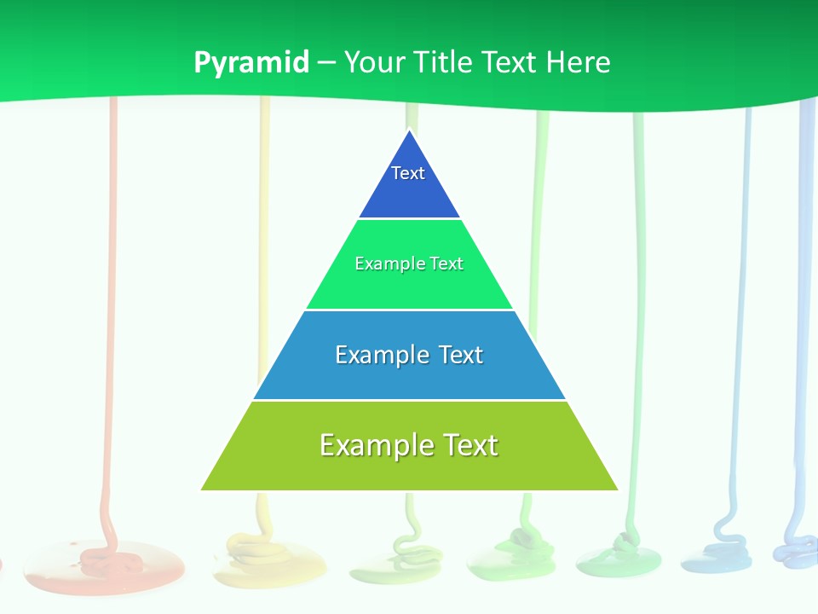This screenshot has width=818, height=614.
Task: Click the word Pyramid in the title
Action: [x=251, y=63]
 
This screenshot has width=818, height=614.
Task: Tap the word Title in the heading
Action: [x=445, y=62]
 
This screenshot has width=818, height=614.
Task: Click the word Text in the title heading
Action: [x=510, y=62]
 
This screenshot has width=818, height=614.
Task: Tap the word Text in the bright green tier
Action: [x=446, y=264]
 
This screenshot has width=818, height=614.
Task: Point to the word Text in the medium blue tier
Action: [x=461, y=355]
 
